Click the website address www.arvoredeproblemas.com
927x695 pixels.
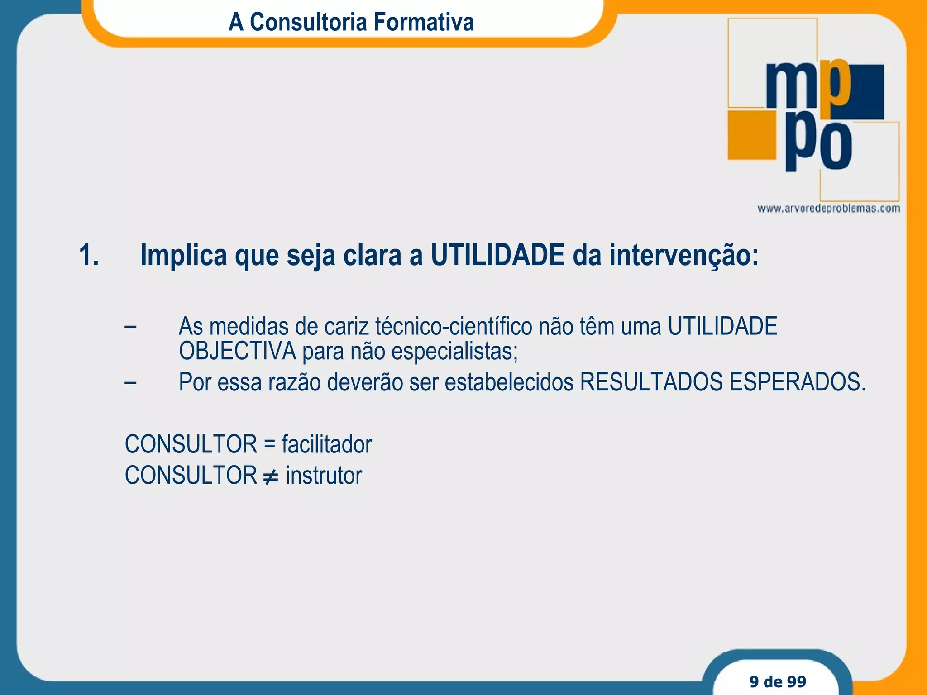point(828,209)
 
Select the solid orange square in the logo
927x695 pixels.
point(752,135)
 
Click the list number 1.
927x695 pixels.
point(89,255)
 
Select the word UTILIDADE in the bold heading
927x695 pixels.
point(497,255)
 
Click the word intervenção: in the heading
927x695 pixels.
point(683,255)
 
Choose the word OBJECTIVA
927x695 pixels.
point(237,351)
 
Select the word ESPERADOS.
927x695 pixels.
point(797,382)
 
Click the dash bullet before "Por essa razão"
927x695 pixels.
point(130,382)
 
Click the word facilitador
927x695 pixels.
point(326,444)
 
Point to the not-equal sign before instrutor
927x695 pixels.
point(271,476)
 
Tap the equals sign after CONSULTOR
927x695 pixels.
point(269,444)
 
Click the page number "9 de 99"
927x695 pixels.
point(778,681)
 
